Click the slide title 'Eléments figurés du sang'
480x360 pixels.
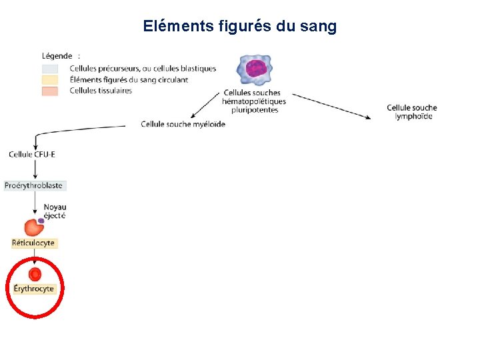coord(240,27)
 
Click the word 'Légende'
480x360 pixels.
coord(57,56)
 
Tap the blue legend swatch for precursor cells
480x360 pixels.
coord(51,69)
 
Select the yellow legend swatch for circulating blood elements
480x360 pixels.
coord(51,80)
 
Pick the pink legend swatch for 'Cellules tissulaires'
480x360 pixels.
coord(51,91)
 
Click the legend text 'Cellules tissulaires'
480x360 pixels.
coord(101,91)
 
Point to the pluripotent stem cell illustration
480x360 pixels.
coord(256,69)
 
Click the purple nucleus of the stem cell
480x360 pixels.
coord(256,69)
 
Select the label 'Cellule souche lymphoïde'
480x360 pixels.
coord(412,112)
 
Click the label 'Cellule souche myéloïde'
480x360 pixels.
coord(183,124)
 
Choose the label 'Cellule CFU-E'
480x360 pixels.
coord(32,155)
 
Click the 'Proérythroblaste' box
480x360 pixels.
coord(34,185)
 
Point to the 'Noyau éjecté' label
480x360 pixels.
coord(55,211)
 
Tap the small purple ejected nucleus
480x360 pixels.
coord(41,220)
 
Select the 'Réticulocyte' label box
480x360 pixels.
coord(33,243)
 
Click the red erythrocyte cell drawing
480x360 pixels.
coord(35,273)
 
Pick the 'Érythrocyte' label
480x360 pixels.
coord(34,289)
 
